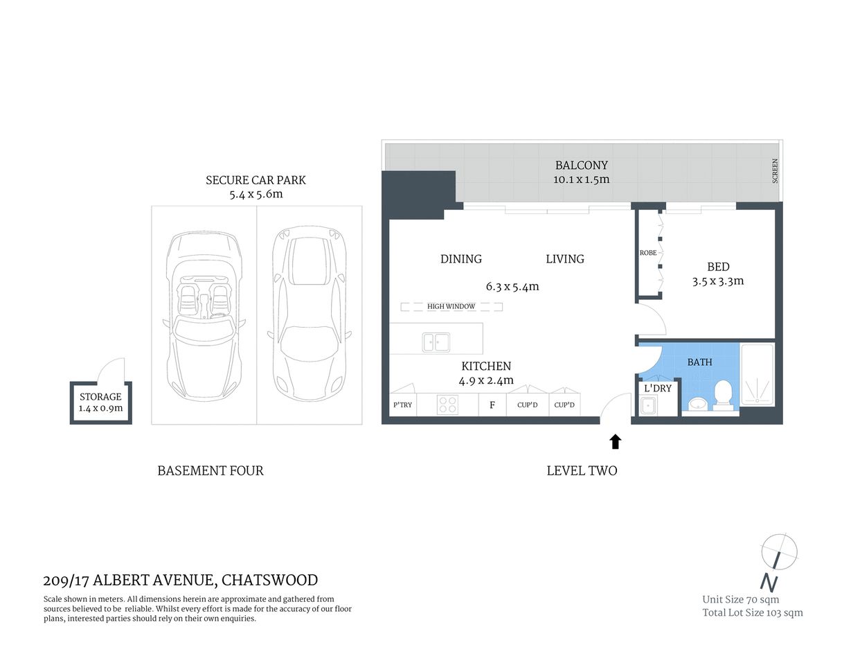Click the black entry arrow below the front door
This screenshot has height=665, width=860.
click(x=615, y=441)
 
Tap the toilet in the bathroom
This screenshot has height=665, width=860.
click(x=723, y=394)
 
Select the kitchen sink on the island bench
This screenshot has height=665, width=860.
click(x=436, y=342)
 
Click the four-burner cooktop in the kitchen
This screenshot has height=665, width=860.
click(x=447, y=405)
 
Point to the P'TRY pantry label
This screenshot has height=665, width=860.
click(x=402, y=405)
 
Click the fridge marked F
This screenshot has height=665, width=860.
click(x=492, y=405)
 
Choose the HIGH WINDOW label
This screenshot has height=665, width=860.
click(x=451, y=306)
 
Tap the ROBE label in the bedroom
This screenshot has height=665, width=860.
click(x=648, y=253)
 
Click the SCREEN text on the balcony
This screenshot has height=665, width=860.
click(x=775, y=171)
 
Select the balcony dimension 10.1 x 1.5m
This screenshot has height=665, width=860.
click(x=581, y=180)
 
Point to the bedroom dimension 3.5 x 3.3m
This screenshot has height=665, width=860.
click(x=717, y=281)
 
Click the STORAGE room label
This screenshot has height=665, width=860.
click(x=100, y=397)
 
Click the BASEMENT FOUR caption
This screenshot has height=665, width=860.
click(x=210, y=471)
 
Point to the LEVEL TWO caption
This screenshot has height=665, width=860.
click(x=582, y=471)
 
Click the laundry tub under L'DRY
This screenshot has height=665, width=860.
click(x=648, y=406)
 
